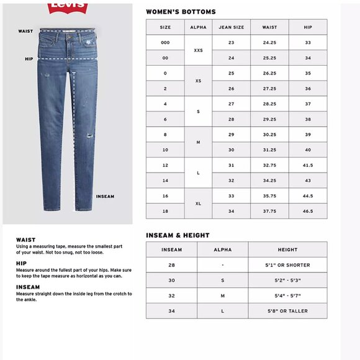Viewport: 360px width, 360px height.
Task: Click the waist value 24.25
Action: (269, 43)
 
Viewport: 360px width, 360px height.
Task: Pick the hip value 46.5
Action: (308, 211)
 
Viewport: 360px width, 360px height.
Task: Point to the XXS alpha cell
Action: (198, 50)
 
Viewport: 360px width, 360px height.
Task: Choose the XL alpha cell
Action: (198, 203)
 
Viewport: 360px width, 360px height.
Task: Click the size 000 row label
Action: (165, 43)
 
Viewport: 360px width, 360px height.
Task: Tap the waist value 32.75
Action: (269, 165)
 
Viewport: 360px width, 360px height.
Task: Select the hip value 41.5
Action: (308, 165)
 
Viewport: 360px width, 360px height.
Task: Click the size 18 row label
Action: (165, 211)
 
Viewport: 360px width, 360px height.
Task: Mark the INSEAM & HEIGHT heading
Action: (178, 235)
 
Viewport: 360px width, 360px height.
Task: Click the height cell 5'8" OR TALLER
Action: (287, 311)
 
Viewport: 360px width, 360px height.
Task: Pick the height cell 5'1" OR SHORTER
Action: (287, 265)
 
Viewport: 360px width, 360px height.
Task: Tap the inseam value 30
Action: (171, 281)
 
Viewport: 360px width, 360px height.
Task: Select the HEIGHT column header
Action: (287, 250)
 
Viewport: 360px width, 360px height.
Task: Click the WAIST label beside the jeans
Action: (25, 30)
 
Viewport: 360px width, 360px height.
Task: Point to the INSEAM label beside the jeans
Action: (105, 196)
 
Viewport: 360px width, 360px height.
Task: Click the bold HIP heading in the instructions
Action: (21, 263)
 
